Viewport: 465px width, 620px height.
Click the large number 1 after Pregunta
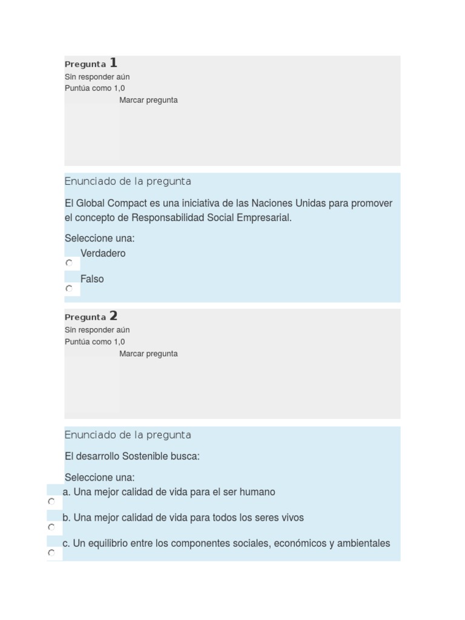(113, 62)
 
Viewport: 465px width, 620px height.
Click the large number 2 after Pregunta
(113, 315)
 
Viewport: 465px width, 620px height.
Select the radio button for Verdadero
(69, 263)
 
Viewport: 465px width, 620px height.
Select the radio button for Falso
(69, 289)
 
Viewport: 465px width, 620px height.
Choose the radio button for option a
(51, 501)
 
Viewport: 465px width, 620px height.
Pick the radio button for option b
(51, 527)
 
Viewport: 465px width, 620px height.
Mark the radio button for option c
(51, 553)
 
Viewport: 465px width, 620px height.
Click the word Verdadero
(103, 253)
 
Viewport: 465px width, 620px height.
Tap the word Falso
(92, 279)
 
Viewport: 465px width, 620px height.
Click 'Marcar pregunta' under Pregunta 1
(148, 101)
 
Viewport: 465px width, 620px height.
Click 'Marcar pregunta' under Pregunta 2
(148, 354)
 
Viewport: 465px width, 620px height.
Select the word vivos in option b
(291, 518)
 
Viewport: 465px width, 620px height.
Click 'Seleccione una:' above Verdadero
(99, 238)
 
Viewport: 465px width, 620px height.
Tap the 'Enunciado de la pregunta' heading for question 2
(128, 435)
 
